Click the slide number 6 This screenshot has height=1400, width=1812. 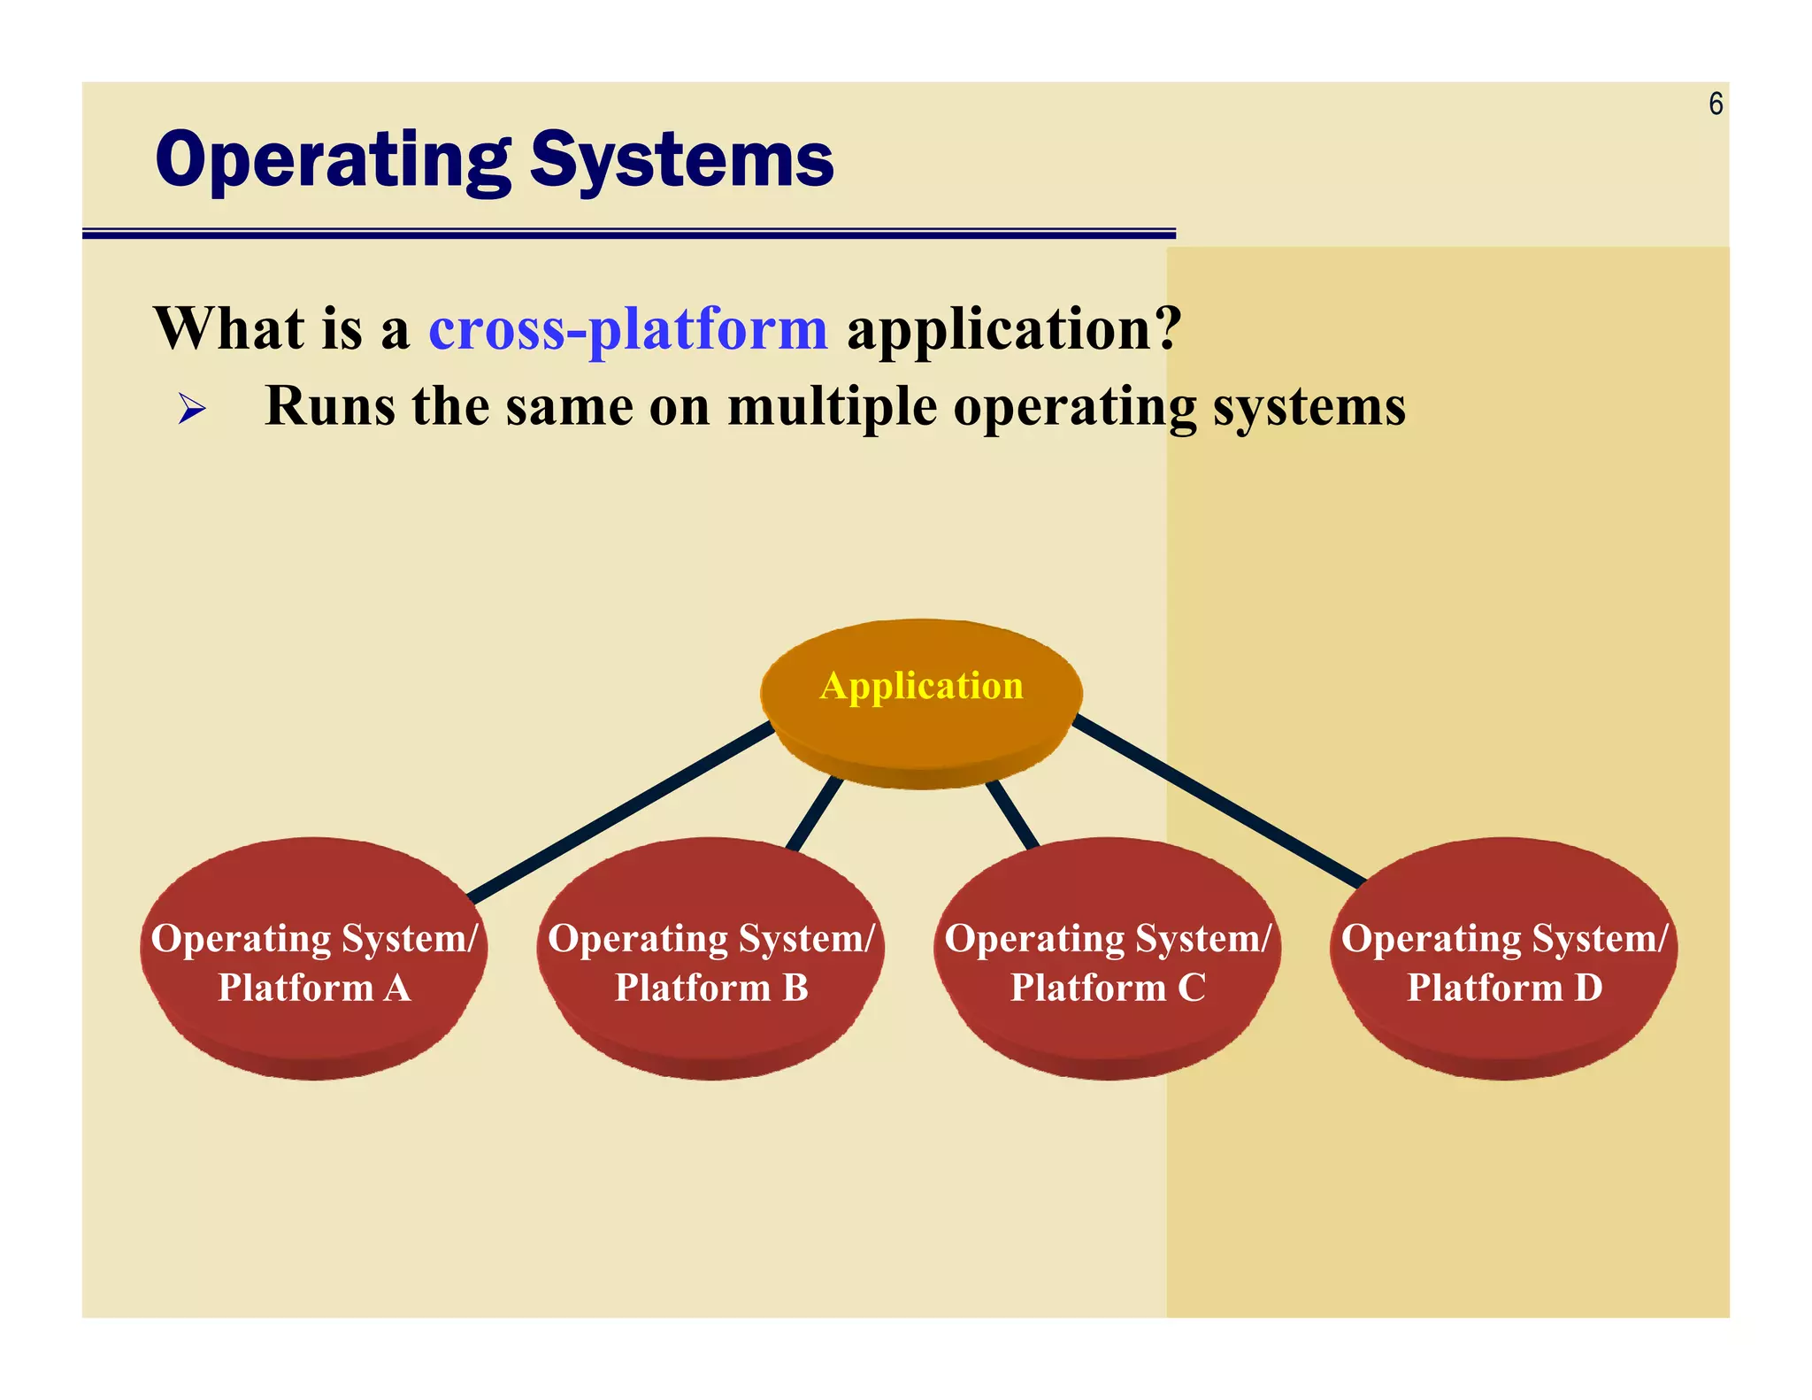1715,104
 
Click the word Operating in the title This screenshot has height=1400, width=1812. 332,161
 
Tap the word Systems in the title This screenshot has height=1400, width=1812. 681,161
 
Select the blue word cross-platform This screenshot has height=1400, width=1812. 627,329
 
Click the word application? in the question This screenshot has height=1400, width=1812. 1014,329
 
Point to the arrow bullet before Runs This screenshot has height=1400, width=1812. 191,409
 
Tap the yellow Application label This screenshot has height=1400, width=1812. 921,686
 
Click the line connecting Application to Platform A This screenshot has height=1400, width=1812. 619,812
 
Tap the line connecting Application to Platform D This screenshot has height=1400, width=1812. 1221,801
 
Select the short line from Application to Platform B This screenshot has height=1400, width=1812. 814,814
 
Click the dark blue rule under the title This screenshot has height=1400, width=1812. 628,234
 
